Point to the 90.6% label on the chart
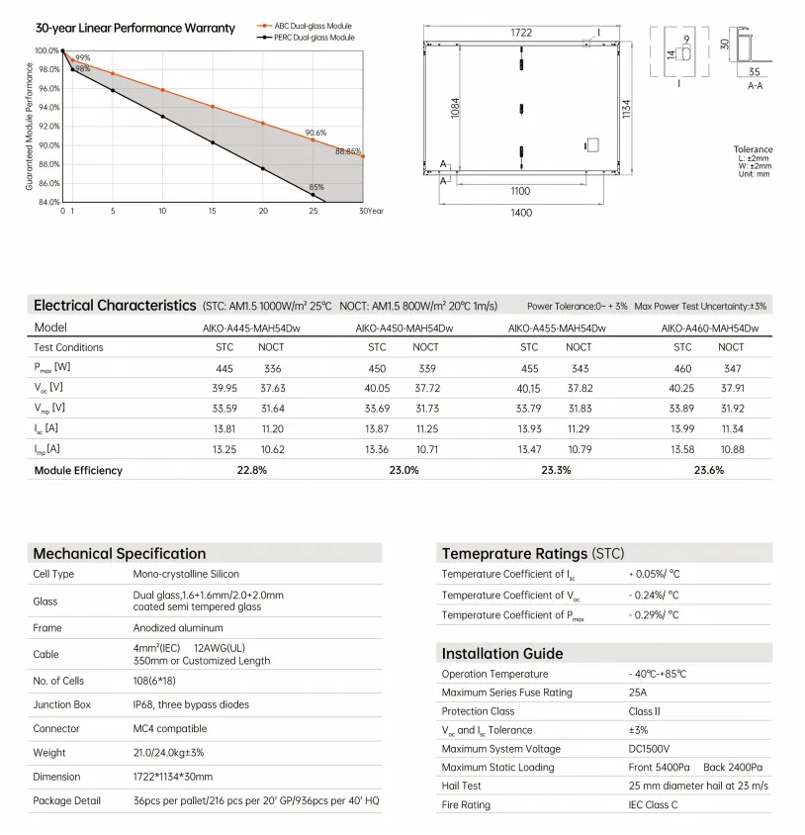(x=315, y=132)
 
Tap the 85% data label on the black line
(x=316, y=187)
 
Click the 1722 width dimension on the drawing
(x=522, y=33)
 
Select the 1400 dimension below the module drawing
(x=521, y=212)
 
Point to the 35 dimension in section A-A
(x=754, y=72)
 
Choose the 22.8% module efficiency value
(x=251, y=470)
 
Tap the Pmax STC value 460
(x=682, y=367)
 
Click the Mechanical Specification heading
(x=120, y=553)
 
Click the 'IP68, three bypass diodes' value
(x=191, y=704)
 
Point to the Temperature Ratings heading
(x=533, y=553)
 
